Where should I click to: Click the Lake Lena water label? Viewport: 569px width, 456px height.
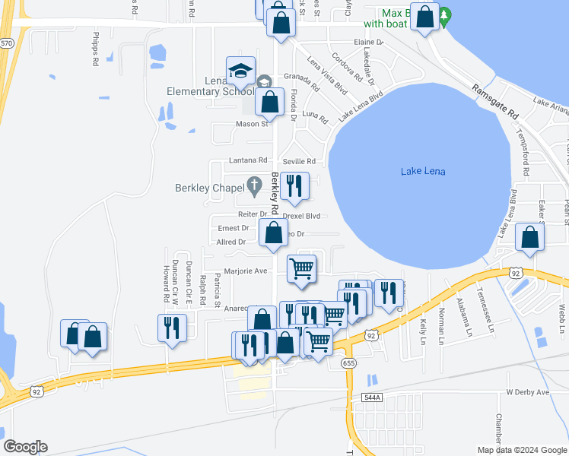[x=422, y=172]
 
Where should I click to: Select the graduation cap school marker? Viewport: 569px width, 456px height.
[x=240, y=71]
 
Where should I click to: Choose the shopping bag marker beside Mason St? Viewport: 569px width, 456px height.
[x=269, y=102]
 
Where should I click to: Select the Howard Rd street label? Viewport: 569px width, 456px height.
[x=166, y=283]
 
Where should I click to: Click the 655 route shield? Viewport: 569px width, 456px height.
[x=349, y=363]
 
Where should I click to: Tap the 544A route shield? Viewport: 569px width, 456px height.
[x=370, y=397]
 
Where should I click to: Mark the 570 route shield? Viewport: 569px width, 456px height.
[x=7, y=43]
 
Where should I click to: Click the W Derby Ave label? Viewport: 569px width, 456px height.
[x=527, y=392]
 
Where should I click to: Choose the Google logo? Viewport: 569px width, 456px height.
[x=25, y=447]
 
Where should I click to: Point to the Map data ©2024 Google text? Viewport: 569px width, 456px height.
[x=520, y=450]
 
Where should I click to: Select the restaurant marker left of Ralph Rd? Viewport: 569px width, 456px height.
[x=170, y=328]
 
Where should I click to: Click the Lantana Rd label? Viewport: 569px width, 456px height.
[x=249, y=161]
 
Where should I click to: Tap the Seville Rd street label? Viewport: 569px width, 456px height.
[x=299, y=161]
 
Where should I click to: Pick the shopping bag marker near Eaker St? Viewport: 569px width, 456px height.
[x=529, y=237]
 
